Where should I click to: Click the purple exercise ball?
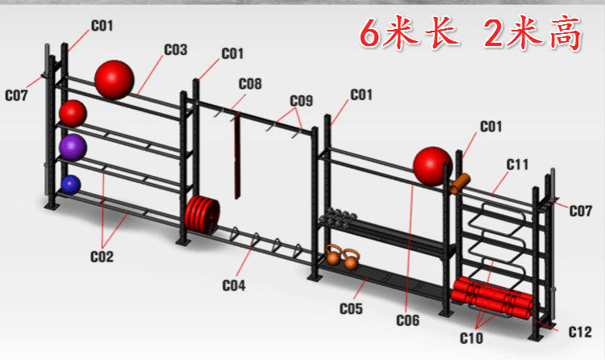(72, 146)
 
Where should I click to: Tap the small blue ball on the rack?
(71, 184)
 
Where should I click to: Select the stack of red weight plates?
(201, 214)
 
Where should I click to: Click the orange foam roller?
(460, 183)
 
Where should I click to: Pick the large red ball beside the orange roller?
(432, 165)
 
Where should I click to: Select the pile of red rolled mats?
(493, 296)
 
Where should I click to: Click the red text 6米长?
(409, 34)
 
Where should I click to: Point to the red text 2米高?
(532, 34)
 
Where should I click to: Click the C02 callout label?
(102, 257)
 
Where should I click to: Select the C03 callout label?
(175, 50)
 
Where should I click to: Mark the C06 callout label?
(408, 320)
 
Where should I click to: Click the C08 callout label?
(250, 83)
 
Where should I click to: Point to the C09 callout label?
(301, 101)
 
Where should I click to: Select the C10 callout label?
(473, 337)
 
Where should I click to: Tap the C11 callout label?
(517, 165)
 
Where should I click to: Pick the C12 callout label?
(580, 332)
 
